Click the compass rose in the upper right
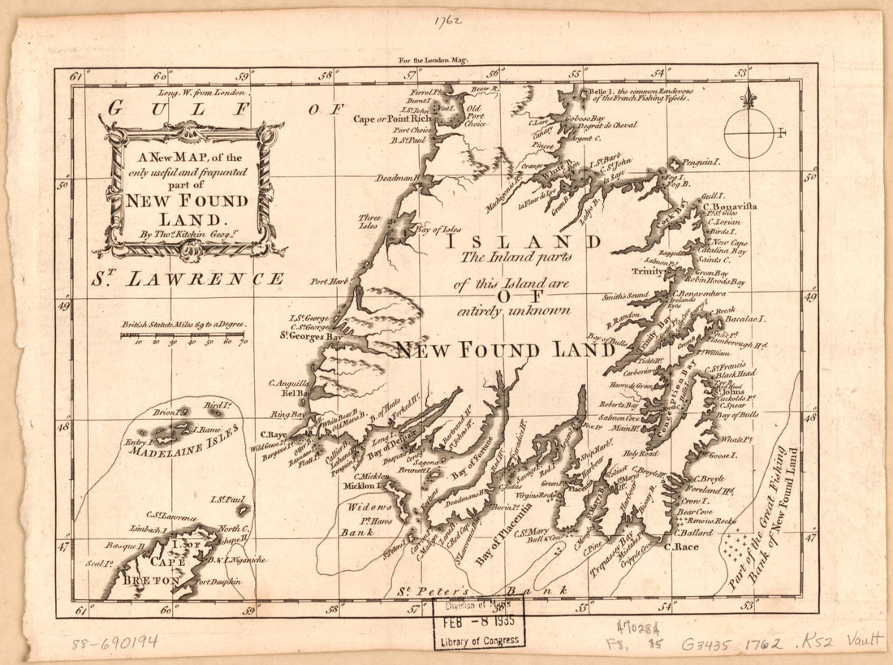pyautogui.click(x=749, y=132)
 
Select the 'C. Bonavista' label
pyautogui.click(x=731, y=207)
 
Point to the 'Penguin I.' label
pyautogui.click(x=701, y=162)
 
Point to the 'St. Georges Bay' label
pyautogui.click(x=310, y=334)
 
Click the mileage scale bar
pyautogui.click(x=183, y=335)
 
